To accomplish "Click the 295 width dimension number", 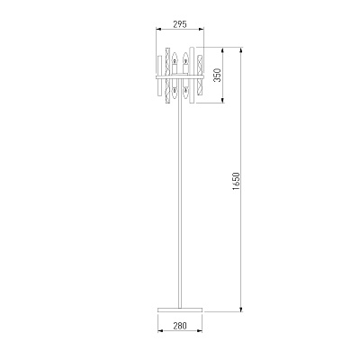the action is [180, 24].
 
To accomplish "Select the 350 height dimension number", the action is [217, 75].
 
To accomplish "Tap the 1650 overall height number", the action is [236, 181].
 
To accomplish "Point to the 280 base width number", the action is [180, 325].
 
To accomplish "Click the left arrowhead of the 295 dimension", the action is [158, 29].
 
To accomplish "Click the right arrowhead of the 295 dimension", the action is [201, 29].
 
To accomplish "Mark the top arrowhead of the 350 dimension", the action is [222, 50].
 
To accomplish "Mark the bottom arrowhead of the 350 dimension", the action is [222, 100].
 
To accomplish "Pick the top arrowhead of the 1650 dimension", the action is [241, 50].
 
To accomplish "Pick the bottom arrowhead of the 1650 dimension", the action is [241, 309].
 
